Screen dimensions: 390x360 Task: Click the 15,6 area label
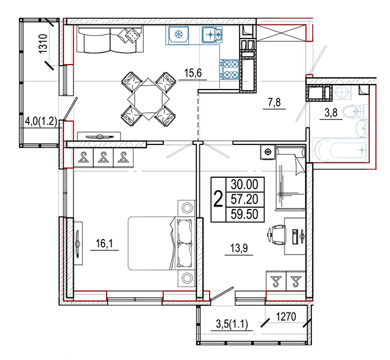click(193, 73)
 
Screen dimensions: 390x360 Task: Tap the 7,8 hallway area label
click(274, 102)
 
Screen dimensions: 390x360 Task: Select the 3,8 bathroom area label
click(331, 113)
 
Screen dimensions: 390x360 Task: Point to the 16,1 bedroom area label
click(104, 244)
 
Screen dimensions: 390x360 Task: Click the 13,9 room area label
click(239, 248)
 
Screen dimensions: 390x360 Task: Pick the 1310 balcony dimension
click(43, 43)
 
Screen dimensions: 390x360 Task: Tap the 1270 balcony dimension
click(286, 317)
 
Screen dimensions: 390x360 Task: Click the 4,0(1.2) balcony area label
click(41, 122)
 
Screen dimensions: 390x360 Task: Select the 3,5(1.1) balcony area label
click(232, 325)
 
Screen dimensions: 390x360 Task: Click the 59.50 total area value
click(244, 214)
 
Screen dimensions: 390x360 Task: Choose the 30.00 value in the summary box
click(244, 185)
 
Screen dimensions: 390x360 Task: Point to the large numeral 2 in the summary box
click(218, 199)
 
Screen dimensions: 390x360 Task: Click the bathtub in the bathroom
click(340, 150)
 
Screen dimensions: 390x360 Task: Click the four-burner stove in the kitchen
click(229, 69)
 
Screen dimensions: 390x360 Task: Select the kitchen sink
click(212, 35)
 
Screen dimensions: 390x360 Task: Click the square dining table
click(148, 99)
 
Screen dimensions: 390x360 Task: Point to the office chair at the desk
click(277, 235)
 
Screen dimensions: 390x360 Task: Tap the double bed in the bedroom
click(161, 243)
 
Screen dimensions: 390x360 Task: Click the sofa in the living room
click(110, 39)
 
